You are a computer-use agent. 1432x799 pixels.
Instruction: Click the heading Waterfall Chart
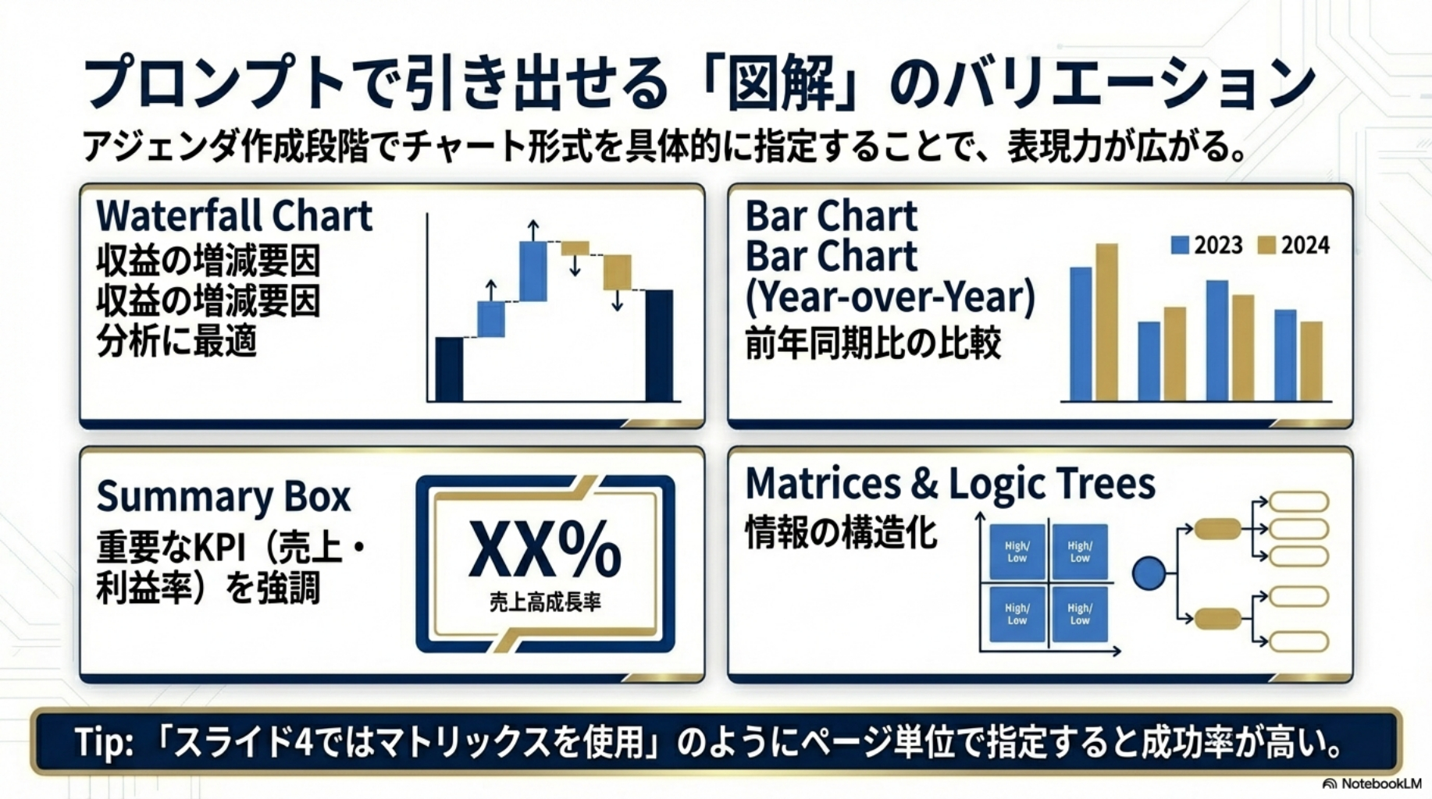pyautogui.click(x=234, y=216)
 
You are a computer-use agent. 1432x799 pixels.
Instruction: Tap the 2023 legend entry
pyautogui.click(x=1206, y=245)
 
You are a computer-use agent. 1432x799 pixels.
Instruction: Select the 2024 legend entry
pyautogui.click(x=1293, y=245)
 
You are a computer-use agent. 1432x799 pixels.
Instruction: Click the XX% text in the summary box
pyautogui.click(x=545, y=550)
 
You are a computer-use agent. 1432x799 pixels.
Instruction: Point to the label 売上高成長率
pyautogui.click(x=545, y=602)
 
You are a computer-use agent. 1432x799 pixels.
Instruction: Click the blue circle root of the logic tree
pyautogui.click(x=1149, y=574)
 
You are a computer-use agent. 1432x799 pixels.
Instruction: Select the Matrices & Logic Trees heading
pyautogui.click(x=950, y=484)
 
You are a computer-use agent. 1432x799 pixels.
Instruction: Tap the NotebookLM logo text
pyautogui.click(x=1373, y=783)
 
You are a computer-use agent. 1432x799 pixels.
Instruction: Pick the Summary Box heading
pyautogui.click(x=224, y=497)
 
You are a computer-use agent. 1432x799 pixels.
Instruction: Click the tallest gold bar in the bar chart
pyautogui.click(x=1106, y=322)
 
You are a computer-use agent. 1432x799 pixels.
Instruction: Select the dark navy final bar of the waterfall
pyautogui.click(x=659, y=346)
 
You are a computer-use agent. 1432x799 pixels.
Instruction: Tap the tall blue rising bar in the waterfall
pyautogui.click(x=533, y=271)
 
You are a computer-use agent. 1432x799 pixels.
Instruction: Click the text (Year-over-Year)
pyautogui.click(x=890, y=297)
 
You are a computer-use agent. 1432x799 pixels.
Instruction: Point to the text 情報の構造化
pyautogui.click(x=841, y=533)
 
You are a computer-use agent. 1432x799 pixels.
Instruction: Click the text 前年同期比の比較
pyautogui.click(x=873, y=343)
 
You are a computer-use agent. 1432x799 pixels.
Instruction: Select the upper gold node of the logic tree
pyautogui.click(x=1217, y=529)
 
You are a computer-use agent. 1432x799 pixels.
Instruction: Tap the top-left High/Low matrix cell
pyautogui.click(x=1017, y=552)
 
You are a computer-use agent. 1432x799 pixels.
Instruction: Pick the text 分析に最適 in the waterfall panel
pyautogui.click(x=176, y=341)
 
